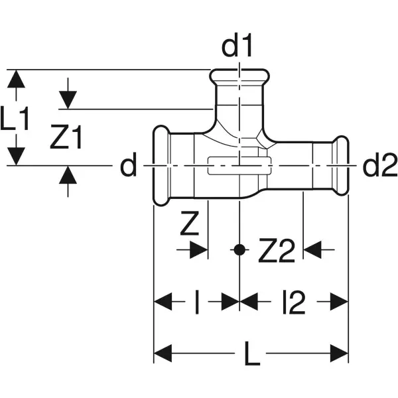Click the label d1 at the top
point(238,48)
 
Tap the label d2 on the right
point(379,166)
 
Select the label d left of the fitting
point(127,166)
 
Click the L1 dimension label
point(16,121)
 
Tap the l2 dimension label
point(293,303)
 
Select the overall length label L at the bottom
point(251,358)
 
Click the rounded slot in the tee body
point(238,166)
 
